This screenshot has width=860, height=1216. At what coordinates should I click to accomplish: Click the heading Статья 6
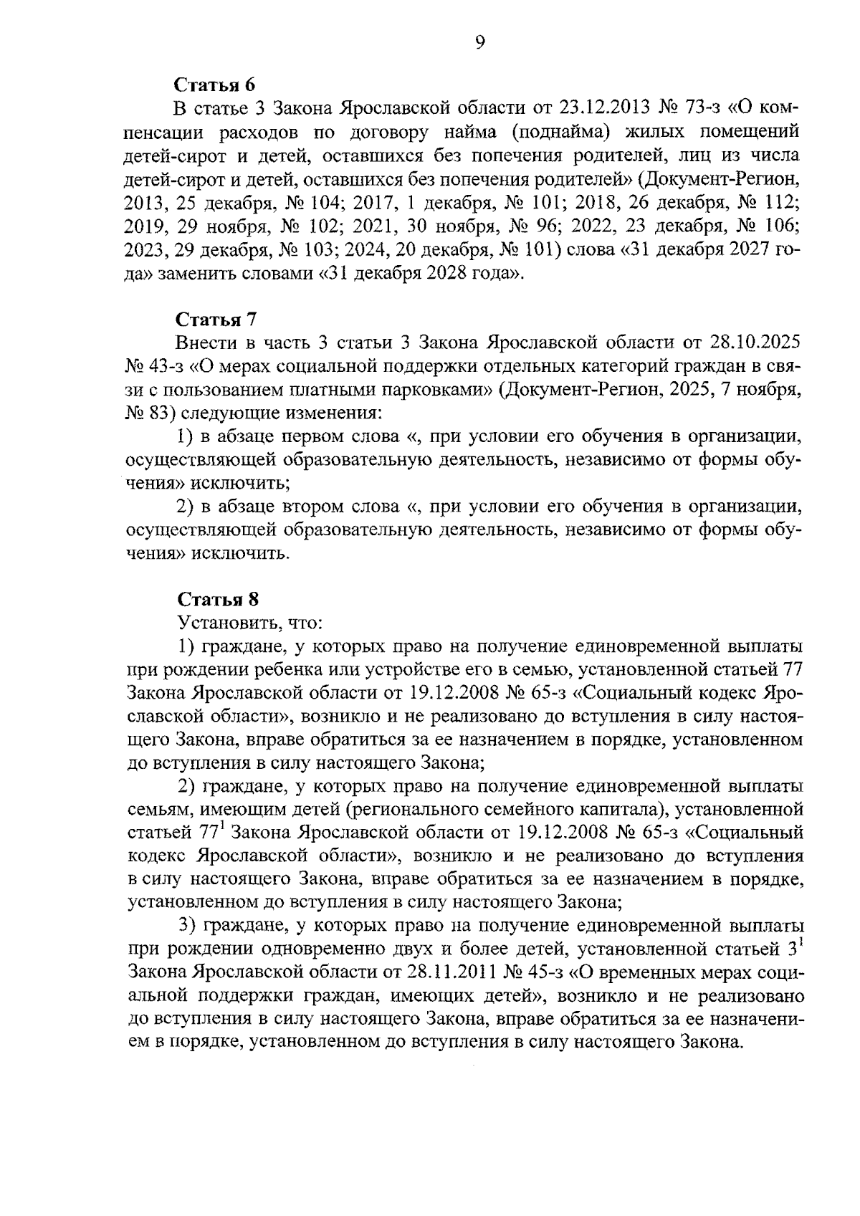(x=215, y=85)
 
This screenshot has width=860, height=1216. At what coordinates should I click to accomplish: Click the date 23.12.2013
(x=601, y=108)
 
